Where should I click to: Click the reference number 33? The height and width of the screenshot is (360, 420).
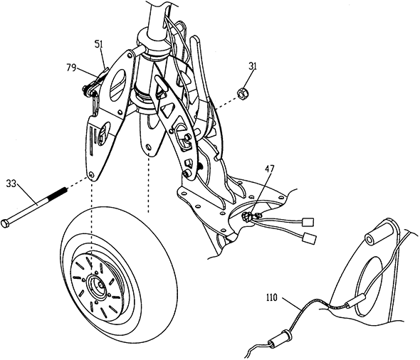(11, 184)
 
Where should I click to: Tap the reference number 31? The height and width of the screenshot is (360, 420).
(252, 66)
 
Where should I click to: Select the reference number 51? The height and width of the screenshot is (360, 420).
(98, 44)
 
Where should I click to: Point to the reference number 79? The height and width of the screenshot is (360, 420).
(71, 68)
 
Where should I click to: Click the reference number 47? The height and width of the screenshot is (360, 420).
(270, 169)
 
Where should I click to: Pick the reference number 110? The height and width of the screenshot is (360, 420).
(272, 297)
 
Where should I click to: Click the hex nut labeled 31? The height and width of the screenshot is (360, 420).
(242, 93)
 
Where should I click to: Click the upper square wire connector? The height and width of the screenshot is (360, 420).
(308, 221)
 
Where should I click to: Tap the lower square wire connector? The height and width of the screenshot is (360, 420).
(310, 238)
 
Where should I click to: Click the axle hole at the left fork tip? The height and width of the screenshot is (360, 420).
(93, 174)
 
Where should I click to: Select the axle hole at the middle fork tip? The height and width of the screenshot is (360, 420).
(148, 147)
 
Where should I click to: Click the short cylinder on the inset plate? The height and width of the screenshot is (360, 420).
(374, 234)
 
